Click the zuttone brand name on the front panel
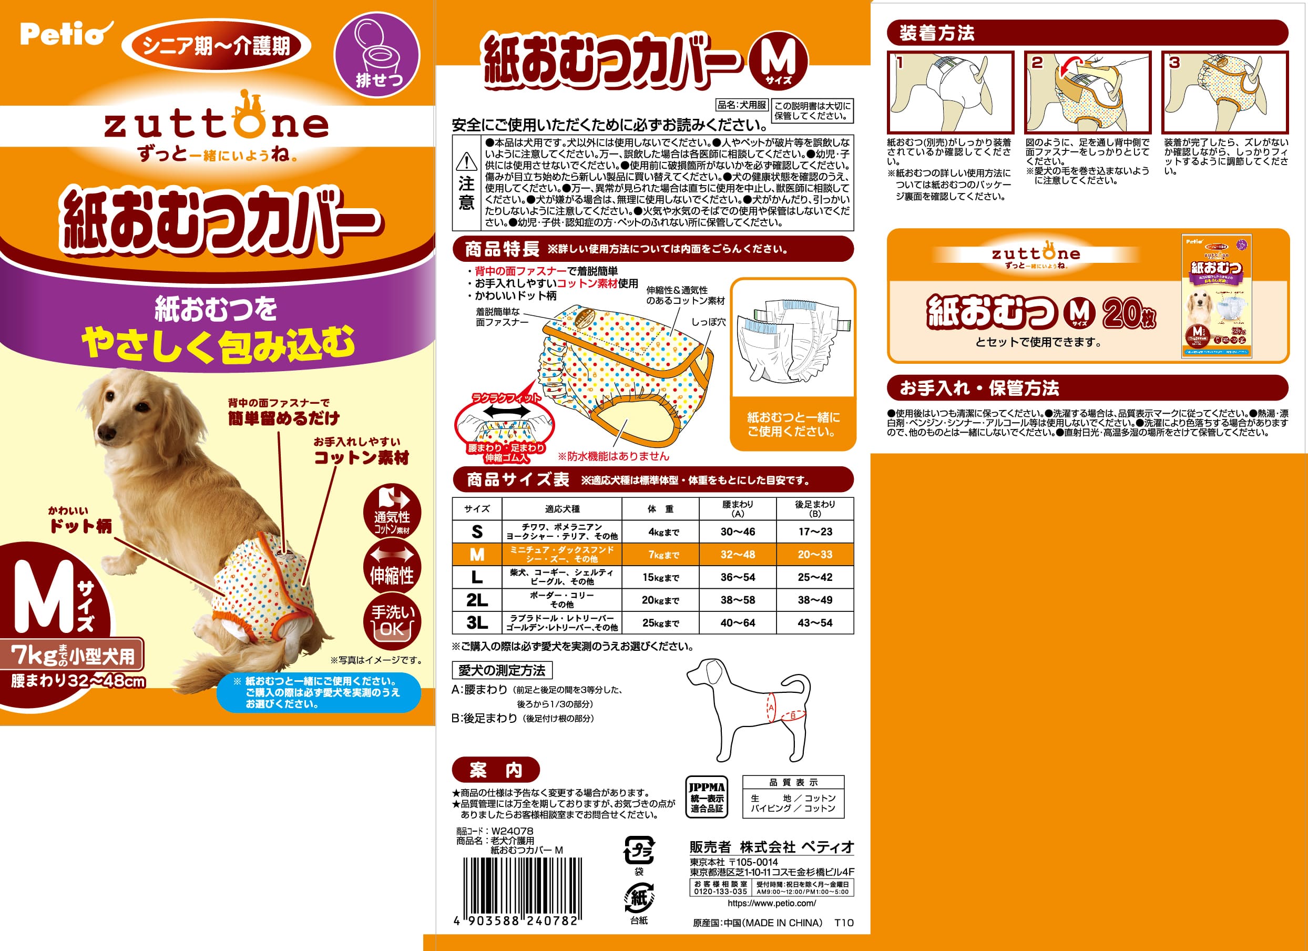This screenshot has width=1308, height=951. coord(216,125)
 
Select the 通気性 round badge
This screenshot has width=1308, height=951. coord(392,513)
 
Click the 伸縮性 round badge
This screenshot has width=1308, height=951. coord(392,569)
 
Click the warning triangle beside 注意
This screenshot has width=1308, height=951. coord(466,162)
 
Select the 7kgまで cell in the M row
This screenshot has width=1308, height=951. coord(660,555)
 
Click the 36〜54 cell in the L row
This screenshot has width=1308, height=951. coord(737,577)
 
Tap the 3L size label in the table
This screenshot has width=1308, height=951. coord(477,623)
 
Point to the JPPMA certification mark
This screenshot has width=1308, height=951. coord(707,797)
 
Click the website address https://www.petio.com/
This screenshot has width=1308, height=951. coord(772,904)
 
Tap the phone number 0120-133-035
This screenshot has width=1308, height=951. coord(720,892)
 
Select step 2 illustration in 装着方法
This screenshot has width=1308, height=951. coord(1087,93)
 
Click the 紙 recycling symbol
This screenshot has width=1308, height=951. coord(638,898)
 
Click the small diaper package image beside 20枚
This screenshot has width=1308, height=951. coord(1217,296)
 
